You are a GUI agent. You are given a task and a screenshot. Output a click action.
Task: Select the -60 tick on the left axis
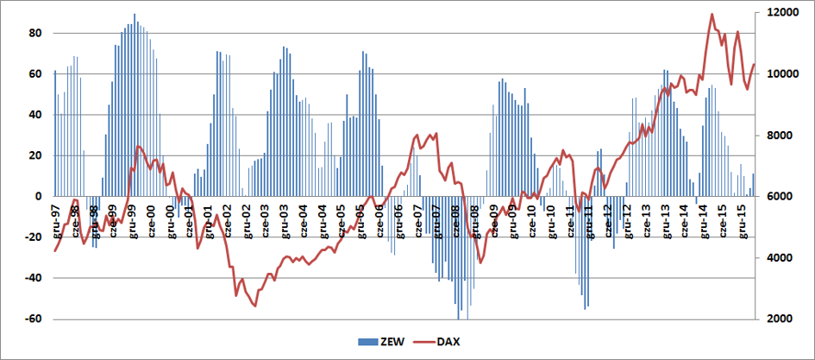(x=33, y=319)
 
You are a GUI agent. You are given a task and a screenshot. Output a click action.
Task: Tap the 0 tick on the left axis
(x=39, y=197)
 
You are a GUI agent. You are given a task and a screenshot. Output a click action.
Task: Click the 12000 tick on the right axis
(x=770, y=13)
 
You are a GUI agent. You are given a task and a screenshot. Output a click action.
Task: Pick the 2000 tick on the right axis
(x=768, y=319)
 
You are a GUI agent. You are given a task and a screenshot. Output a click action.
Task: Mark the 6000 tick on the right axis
(x=768, y=197)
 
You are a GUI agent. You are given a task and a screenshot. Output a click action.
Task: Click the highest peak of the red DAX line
(x=712, y=14)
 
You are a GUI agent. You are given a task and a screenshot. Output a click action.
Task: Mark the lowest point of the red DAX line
(x=254, y=306)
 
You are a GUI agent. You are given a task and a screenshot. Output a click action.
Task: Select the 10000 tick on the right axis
(x=770, y=74)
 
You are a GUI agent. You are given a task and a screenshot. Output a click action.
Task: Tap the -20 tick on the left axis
(x=33, y=237)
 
